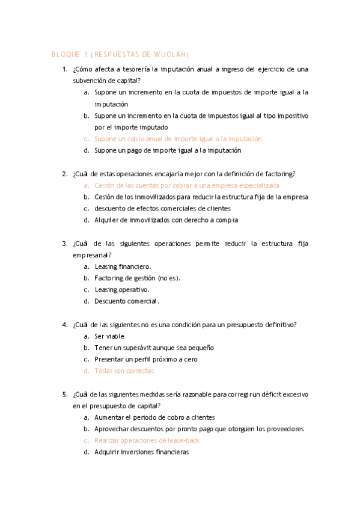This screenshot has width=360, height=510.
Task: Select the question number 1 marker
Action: tap(64, 70)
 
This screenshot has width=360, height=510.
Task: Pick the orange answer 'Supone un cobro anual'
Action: tap(178, 139)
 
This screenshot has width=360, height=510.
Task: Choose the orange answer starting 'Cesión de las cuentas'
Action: tap(186, 185)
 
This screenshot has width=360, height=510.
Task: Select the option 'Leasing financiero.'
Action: tap(123, 266)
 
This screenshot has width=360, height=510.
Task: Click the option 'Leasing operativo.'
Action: tap(121, 289)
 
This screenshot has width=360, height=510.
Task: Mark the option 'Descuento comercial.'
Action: tap(126, 301)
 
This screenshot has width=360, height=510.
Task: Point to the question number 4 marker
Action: tap(64, 325)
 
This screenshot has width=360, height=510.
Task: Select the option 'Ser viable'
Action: tap(109, 336)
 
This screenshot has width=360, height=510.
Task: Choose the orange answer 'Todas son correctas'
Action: tap(124, 371)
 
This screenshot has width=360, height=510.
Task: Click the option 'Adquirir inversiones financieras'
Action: tap(141, 452)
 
